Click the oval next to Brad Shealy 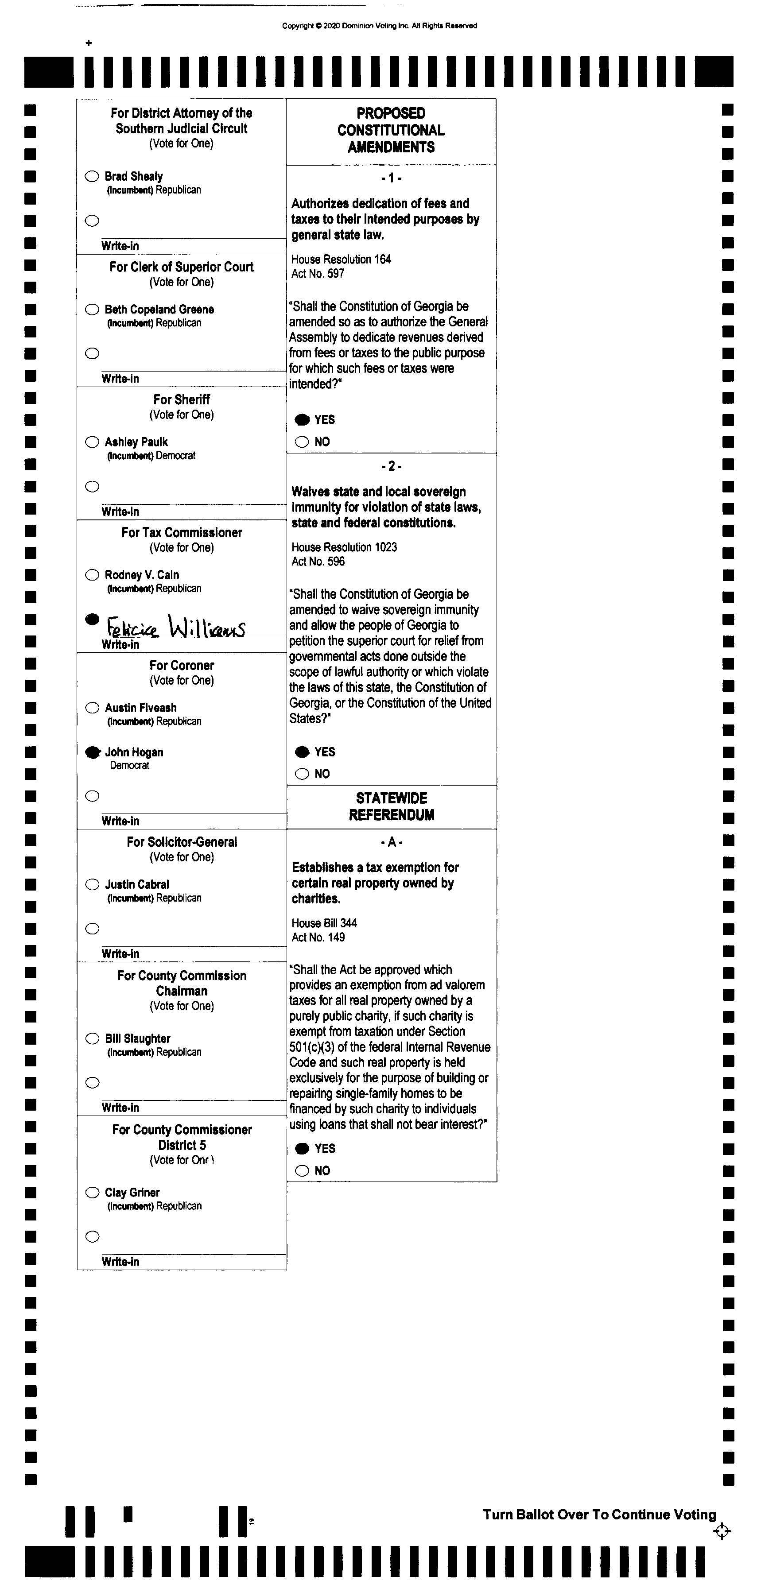pos(92,177)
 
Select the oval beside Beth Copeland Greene pos(92,309)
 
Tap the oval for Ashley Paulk pos(92,442)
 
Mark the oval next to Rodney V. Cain pos(92,575)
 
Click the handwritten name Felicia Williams pos(176,627)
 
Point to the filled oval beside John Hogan pos(92,752)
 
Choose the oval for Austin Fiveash pos(92,708)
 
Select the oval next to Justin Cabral pos(92,884)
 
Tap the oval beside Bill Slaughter pos(92,1038)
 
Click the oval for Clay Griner pos(92,1193)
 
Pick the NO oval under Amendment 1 pos(302,442)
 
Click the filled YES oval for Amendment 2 pos(302,752)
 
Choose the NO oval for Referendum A pos(302,1170)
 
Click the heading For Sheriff pos(182,399)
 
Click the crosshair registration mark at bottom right pos(722,1531)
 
